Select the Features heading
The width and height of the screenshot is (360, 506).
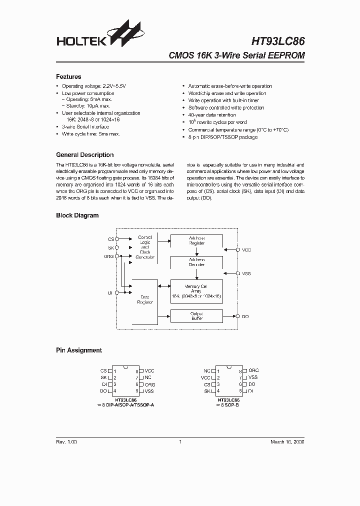click(68, 77)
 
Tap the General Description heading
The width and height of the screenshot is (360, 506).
click(84, 155)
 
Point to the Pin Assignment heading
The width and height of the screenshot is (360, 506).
click(78, 350)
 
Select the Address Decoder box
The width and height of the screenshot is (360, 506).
click(196, 262)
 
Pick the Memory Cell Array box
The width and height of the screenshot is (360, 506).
click(196, 291)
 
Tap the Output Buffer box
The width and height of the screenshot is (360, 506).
click(196, 316)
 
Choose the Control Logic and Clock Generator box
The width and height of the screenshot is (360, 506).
click(145, 247)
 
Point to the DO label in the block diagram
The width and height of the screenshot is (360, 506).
click(245, 316)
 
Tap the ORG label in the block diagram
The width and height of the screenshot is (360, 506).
click(108, 256)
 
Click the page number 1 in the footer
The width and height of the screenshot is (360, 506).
click(179, 442)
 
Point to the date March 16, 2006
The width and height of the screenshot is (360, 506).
click(287, 442)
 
